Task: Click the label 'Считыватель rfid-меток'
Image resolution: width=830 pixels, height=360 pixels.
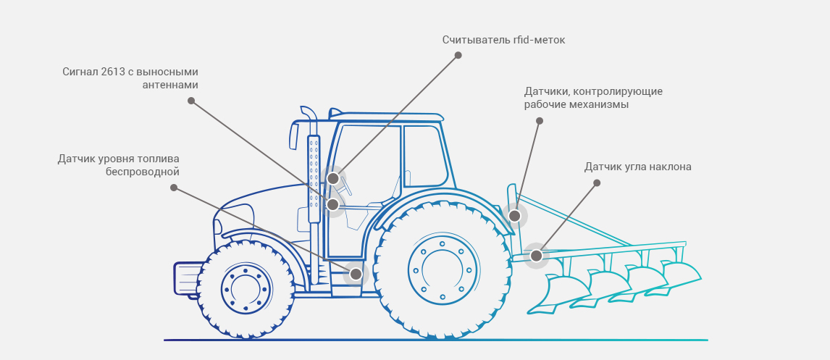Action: click(x=503, y=40)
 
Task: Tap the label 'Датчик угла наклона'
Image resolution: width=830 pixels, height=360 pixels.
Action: click(x=637, y=167)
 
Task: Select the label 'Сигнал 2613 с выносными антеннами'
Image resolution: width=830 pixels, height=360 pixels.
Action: click(x=130, y=78)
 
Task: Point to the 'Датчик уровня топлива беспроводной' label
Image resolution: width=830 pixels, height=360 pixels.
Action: click(x=119, y=165)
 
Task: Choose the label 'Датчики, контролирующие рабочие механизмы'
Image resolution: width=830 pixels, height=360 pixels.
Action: click(x=593, y=98)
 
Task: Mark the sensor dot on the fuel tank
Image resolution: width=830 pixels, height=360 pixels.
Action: click(x=356, y=274)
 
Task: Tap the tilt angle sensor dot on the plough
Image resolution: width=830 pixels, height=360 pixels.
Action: click(x=536, y=256)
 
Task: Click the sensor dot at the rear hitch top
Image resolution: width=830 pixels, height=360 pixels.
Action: click(x=514, y=216)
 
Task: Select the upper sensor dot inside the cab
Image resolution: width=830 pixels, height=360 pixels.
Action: click(x=332, y=178)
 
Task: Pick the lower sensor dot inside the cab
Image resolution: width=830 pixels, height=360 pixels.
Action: click(x=332, y=205)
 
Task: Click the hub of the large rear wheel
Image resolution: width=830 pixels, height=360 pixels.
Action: click(x=442, y=270)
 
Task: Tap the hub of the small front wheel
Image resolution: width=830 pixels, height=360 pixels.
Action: click(x=246, y=289)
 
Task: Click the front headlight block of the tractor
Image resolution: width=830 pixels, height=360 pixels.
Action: click(x=185, y=279)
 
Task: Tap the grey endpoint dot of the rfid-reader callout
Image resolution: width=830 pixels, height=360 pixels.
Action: click(x=458, y=55)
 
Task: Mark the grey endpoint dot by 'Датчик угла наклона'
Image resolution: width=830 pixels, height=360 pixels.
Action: click(x=597, y=183)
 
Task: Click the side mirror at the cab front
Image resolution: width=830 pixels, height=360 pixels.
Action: click(x=294, y=135)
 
